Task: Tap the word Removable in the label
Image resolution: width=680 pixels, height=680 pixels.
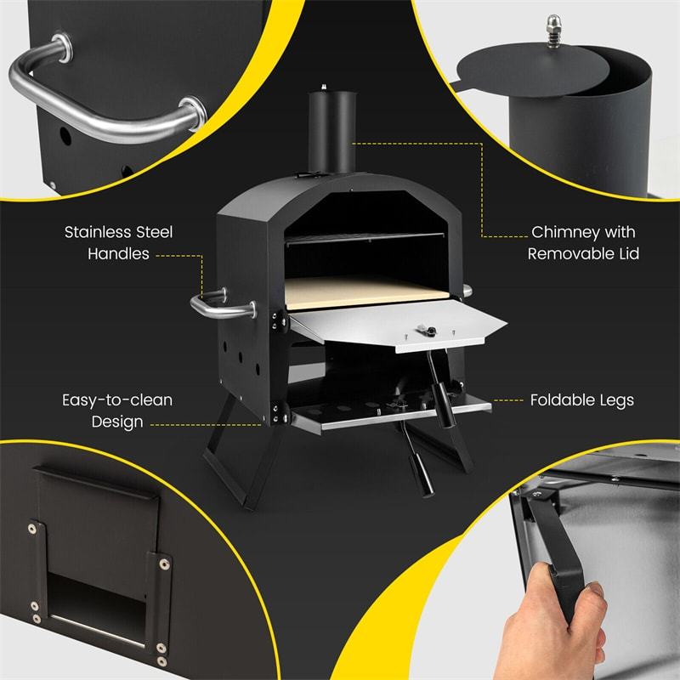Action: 564,253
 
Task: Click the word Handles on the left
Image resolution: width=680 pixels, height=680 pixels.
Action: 121,253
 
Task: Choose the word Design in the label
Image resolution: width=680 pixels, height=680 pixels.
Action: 116,421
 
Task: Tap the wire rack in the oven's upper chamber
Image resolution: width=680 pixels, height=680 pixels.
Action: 365,240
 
